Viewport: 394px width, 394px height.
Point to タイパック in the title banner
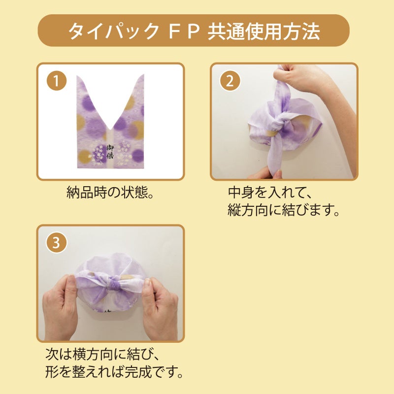[113, 31]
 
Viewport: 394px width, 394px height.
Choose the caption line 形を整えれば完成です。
[114, 372]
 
